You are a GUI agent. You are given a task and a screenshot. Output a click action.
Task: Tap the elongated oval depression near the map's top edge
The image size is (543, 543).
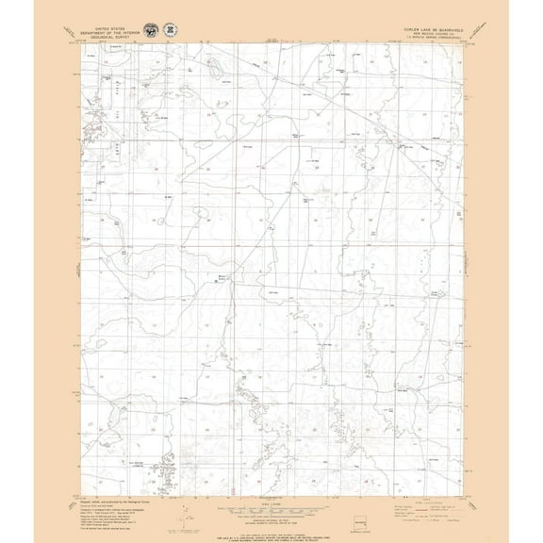pyautogui.click(x=214, y=67)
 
